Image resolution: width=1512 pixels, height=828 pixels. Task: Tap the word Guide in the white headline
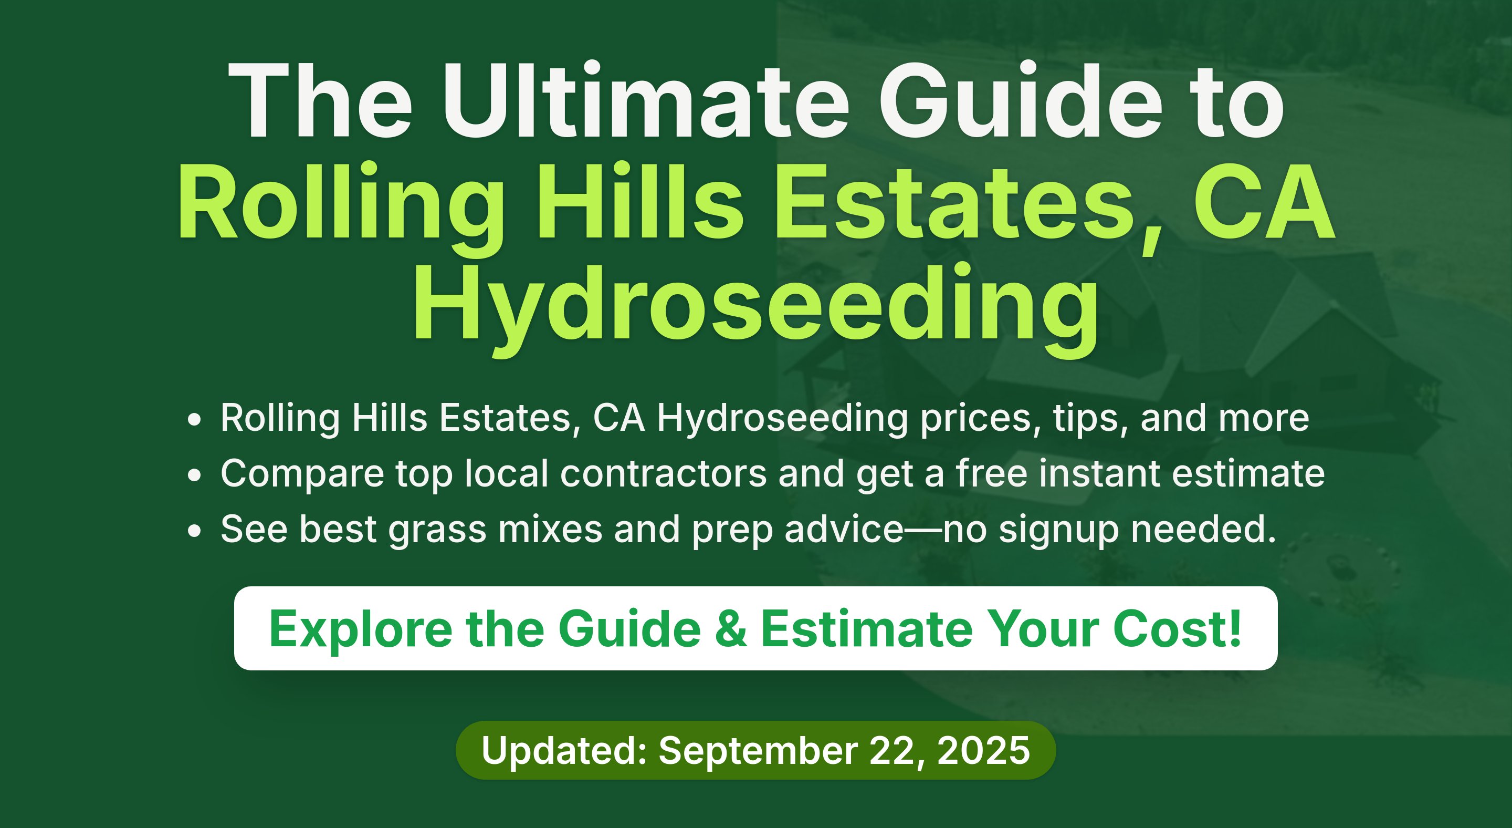[1021, 101]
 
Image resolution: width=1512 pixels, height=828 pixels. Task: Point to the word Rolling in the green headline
[340, 209]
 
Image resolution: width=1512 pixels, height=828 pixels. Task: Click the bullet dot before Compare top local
[194, 475]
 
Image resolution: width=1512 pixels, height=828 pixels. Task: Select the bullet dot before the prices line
[194, 420]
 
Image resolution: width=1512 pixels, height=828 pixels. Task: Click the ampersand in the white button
[731, 629]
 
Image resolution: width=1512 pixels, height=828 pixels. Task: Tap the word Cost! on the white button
[1177, 628]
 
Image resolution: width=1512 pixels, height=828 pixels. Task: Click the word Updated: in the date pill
[564, 750]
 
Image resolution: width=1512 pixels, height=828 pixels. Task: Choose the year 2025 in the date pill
[983, 750]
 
